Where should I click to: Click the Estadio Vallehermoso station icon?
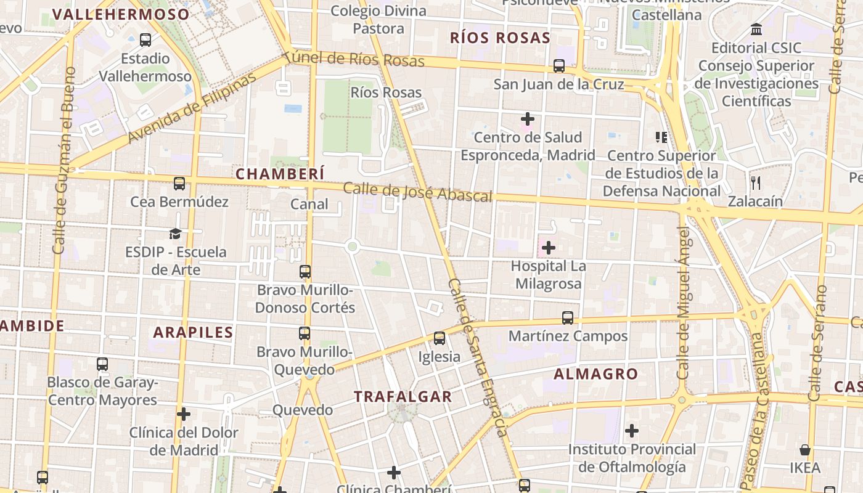click(145, 40)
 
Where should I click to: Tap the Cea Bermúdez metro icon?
click(179, 183)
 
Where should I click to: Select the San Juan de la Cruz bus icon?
click(559, 65)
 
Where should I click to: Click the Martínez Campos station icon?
click(568, 318)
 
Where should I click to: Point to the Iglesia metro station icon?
click(440, 338)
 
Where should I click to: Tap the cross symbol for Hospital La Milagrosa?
click(548, 248)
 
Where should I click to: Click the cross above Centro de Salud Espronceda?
click(528, 118)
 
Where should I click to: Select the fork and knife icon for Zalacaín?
click(756, 182)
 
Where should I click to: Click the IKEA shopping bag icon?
click(805, 449)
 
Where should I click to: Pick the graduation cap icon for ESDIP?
click(176, 234)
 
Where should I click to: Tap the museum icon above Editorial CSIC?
click(756, 29)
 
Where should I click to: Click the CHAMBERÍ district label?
click(280, 174)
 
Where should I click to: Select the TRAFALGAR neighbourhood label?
click(403, 396)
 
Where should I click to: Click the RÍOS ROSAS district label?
click(500, 38)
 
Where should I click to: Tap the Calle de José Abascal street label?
click(417, 192)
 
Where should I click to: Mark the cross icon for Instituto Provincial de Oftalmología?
click(632, 431)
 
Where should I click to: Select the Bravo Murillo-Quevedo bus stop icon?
click(305, 333)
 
